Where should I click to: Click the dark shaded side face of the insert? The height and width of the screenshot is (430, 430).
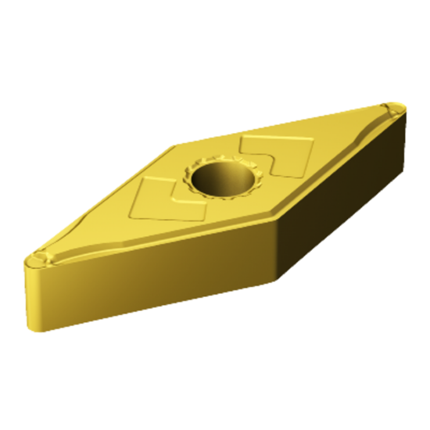(344, 203)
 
